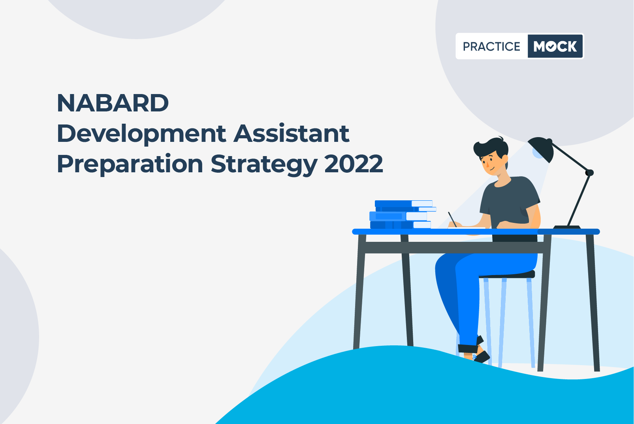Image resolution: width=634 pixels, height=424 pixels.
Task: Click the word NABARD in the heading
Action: click(113, 103)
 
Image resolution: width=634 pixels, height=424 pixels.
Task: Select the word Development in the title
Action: click(141, 135)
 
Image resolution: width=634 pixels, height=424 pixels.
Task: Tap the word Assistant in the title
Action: click(292, 133)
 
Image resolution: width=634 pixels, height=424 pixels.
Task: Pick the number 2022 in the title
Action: click(354, 164)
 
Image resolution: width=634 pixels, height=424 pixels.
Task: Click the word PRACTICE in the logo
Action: click(492, 47)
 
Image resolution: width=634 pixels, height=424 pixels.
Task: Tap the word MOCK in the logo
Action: click(555, 46)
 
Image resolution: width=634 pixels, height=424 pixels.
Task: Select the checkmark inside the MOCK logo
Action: click(551, 47)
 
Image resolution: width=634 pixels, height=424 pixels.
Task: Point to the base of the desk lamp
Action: click(566, 227)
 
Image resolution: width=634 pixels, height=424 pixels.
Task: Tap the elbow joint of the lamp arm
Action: click(589, 172)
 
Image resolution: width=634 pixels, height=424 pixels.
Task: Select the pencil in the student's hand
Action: click(452, 219)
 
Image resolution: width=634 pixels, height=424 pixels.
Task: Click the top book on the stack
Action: click(404, 204)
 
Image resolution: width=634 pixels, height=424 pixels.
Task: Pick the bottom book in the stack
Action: click(401, 225)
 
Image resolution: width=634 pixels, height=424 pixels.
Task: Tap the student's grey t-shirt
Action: click(510, 204)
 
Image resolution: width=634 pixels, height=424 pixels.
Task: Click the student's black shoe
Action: click(482, 357)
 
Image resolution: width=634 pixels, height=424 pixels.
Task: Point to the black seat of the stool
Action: click(507, 274)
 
